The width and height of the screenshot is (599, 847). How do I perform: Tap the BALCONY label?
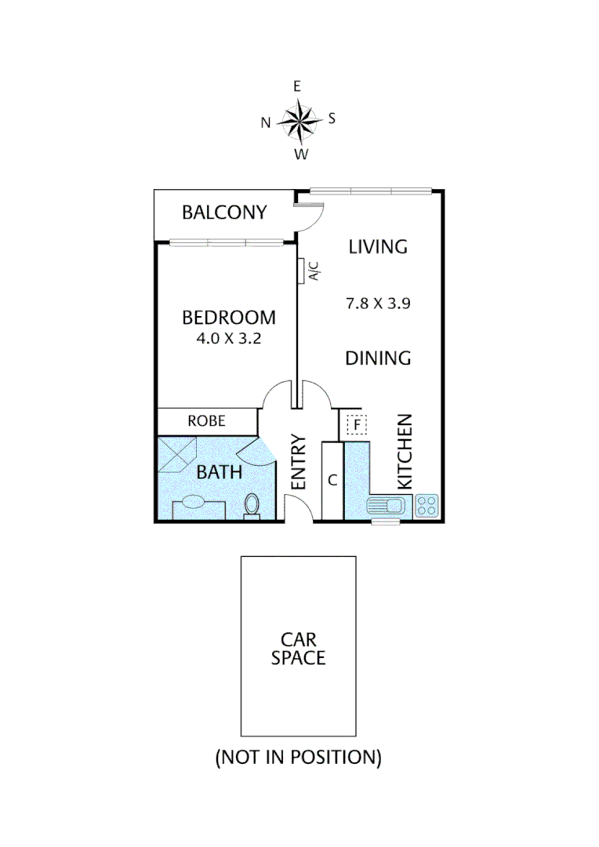click(224, 213)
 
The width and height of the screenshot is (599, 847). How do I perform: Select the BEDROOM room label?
click(228, 318)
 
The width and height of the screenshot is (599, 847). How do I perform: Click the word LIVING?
click(378, 246)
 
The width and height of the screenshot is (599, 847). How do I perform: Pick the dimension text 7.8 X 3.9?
click(378, 303)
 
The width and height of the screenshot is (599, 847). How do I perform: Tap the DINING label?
click(378, 358)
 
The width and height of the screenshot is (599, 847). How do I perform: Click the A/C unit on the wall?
click(302, 271)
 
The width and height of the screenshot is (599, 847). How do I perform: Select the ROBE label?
click(207, 421)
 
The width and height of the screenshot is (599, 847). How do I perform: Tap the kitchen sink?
click(386, 506)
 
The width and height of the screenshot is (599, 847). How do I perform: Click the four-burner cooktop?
click(427, 506)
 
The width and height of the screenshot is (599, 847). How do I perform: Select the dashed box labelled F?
click(357, 426)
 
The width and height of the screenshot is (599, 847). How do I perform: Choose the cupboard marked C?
click(332, 481)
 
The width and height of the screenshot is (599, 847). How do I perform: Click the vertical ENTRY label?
click(299, 463)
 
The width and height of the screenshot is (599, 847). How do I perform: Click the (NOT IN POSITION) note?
click(298, 758)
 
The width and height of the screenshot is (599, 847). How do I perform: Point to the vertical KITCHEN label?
click(404, 453)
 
